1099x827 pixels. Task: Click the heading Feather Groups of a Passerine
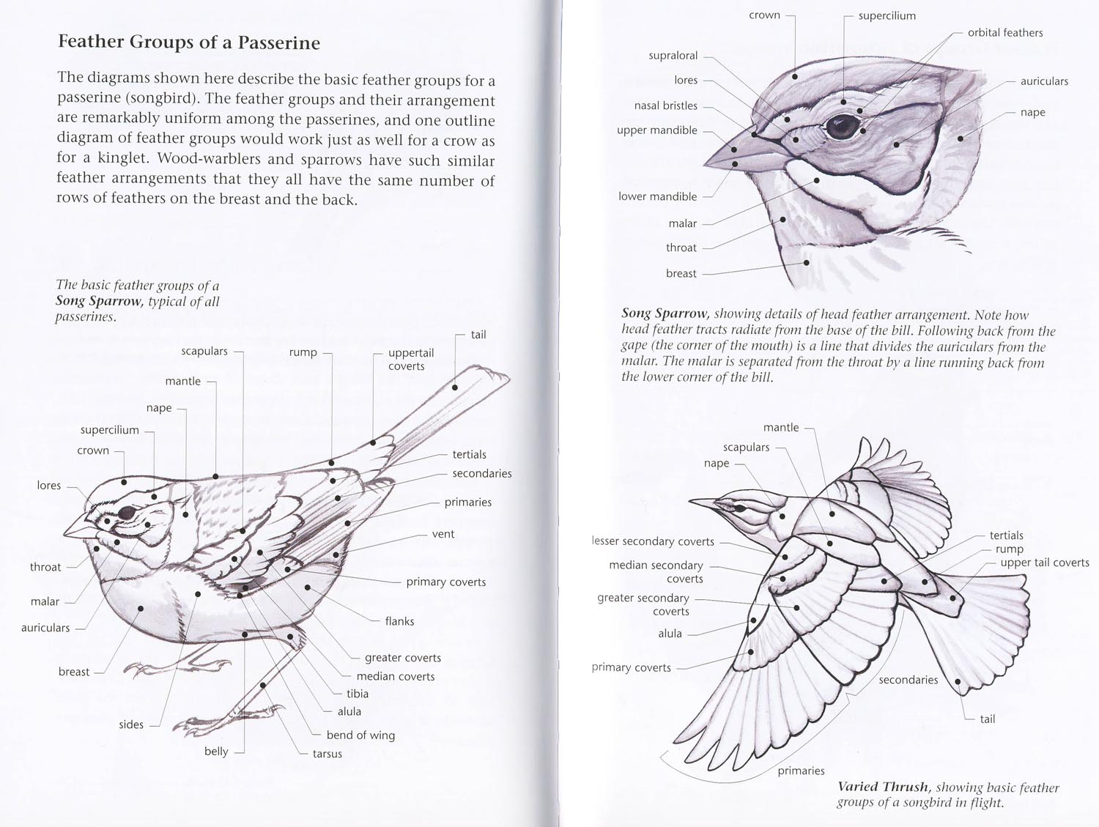point(189,42)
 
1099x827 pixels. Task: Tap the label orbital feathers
point(1005,32)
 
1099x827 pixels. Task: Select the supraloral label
point(673,56)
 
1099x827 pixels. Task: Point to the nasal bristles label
point(665,105)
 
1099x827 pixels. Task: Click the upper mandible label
point(657,130)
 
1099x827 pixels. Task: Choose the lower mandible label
point(657,196)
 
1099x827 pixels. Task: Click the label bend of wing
point(360,735)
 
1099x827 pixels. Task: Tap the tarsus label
point(327,754)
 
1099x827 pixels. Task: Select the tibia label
point(358,694)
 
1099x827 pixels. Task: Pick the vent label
point(443,534)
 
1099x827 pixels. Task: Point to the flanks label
point(399,621)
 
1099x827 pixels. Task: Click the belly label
point(216,752)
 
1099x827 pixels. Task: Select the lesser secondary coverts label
point(653,541)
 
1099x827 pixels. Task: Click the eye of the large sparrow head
point(842,126)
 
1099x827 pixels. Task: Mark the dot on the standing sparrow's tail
point(455,387)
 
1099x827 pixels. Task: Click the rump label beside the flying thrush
point(1010,549)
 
